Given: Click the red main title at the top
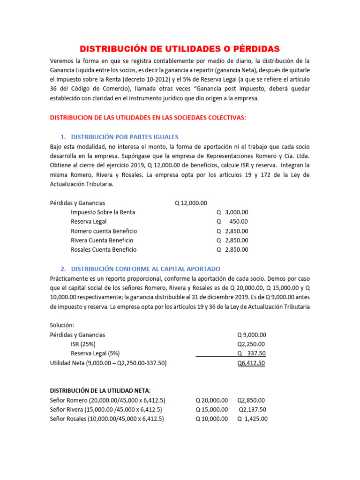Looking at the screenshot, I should point(180,49).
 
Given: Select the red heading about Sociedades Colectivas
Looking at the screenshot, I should point(148,118).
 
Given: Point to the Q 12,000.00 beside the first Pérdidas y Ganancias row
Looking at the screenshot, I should point(191,203).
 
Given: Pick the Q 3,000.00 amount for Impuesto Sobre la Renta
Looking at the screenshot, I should point(232,212).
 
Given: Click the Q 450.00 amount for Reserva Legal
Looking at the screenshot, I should point(232,222).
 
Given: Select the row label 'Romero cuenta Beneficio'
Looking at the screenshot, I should point(104,231).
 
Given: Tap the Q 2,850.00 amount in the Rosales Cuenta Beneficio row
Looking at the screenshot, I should point(232,250).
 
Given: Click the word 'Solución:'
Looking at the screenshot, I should point(62,325).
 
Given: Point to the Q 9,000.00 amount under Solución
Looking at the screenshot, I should point(252,335).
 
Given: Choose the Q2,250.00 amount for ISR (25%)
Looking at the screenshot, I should point(251,344).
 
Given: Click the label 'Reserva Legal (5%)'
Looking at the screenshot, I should point(95,353).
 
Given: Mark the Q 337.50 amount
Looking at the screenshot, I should point(252,353).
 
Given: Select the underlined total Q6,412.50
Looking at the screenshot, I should point(251,363).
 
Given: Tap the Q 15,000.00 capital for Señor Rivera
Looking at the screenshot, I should point(212,410).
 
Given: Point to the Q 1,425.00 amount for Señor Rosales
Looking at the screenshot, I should point(253,419).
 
